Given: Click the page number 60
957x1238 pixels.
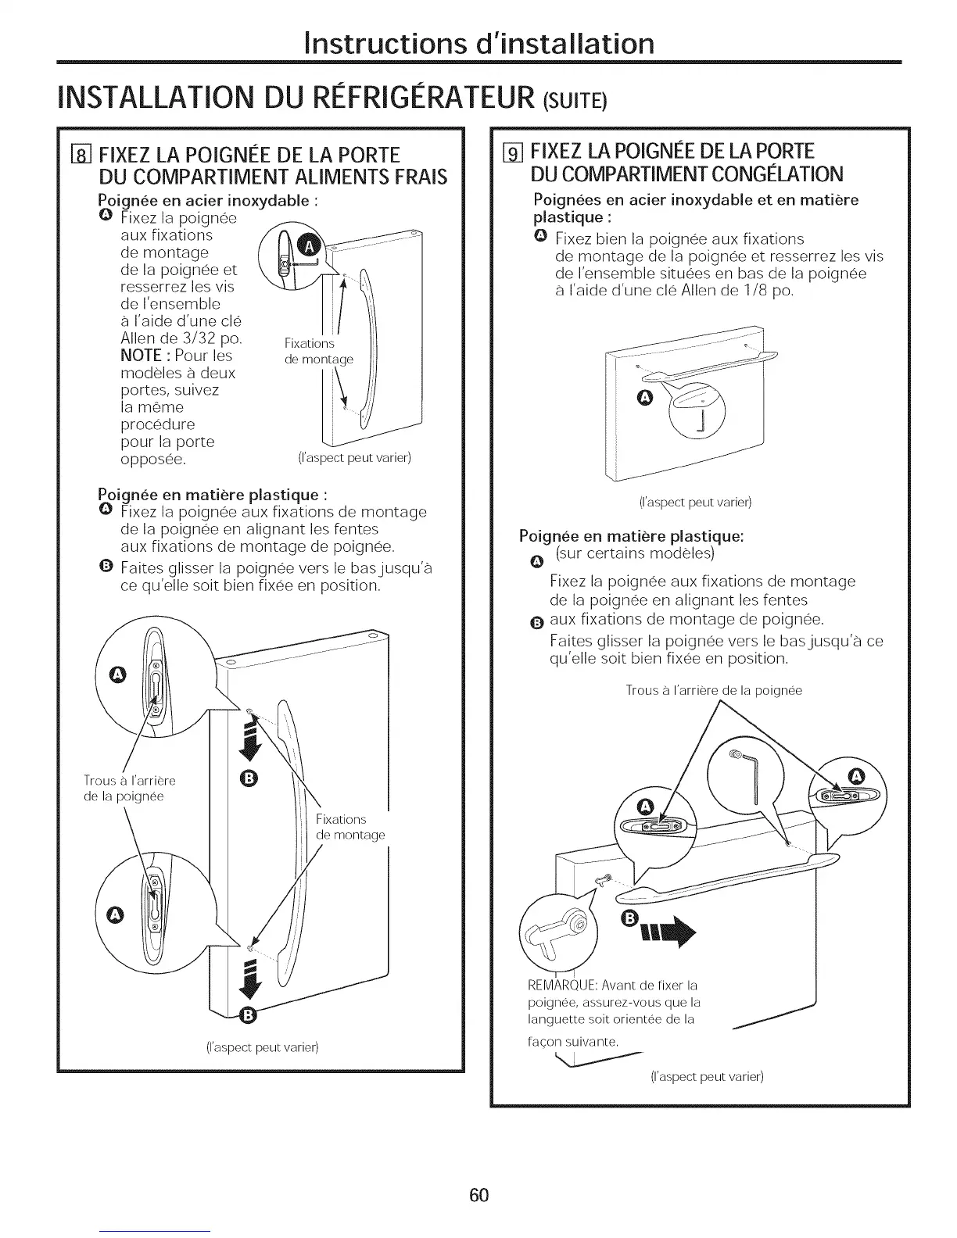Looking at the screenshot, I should coord(478,1195).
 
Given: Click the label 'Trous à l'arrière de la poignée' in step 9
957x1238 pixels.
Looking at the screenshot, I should coord(714,690).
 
